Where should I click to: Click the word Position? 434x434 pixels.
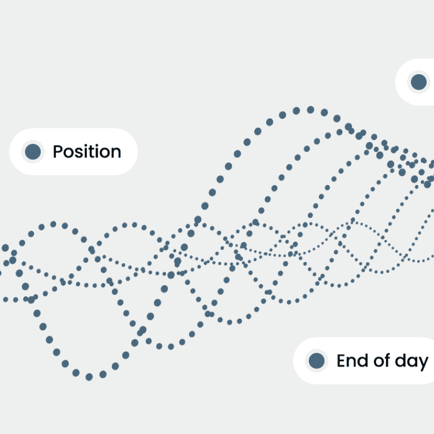click(87, 151)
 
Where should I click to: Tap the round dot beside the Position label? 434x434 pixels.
click(33, 152)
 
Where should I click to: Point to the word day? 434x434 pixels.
click(411, 362)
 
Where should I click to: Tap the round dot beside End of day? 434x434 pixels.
click(317, 361)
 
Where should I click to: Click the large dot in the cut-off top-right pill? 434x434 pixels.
click(418, 82)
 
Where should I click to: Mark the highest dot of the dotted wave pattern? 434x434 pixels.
click(311, 110)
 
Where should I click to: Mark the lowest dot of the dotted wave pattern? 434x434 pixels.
click(89, 377)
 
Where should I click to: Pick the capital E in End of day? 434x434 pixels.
click(342, 360)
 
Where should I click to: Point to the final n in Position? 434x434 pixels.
click(116, 154)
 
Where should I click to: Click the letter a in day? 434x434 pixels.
click(411, 362)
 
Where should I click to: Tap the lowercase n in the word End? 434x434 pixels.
click(352, 362)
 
